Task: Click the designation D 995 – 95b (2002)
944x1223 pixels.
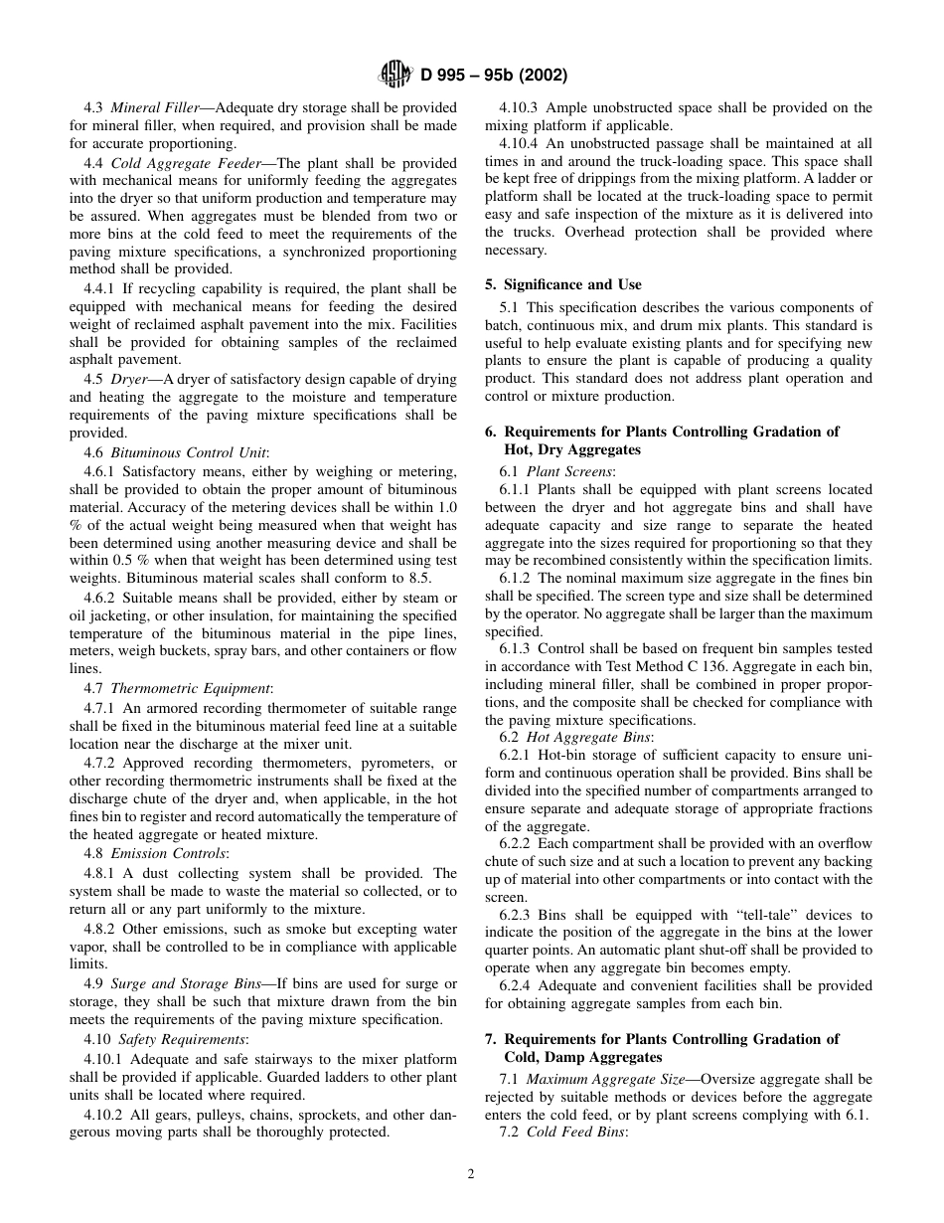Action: click(x=494, y=76)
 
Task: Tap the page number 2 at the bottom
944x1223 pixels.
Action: click(x=471, y=1173)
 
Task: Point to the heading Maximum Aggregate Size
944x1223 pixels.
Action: click(x=605, y=1079)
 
